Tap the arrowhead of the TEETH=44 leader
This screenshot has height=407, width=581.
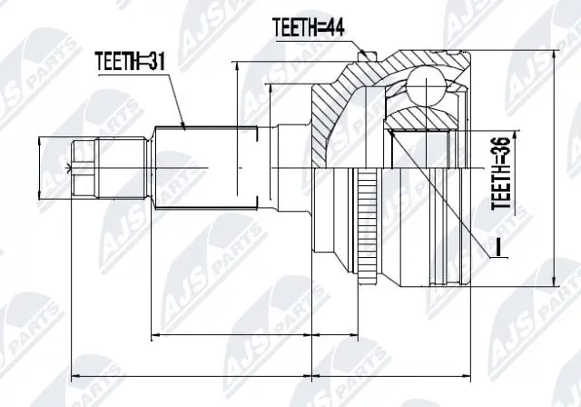(x=365, y=56)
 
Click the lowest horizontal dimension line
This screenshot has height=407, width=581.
(x=272, y=372)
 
